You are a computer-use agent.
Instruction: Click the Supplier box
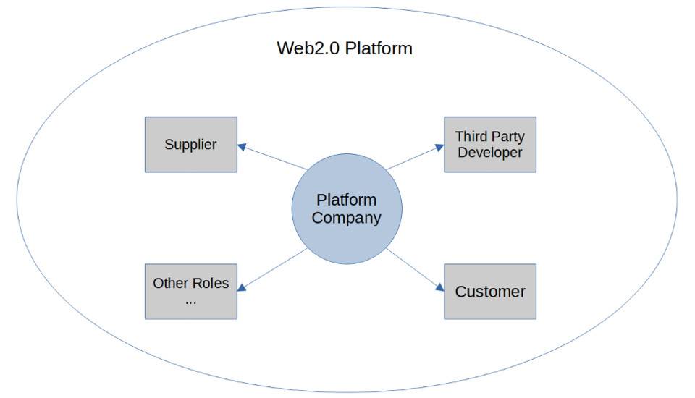(190, 144)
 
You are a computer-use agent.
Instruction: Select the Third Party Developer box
(490, 144)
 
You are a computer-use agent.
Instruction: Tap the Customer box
(490, 292)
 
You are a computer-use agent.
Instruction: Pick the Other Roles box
(190, 292)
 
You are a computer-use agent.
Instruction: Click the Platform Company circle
(347, 208)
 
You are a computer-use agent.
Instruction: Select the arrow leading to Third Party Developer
(415, 158)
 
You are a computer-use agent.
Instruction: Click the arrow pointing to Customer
(415, 270)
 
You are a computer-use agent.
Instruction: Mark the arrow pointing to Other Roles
(273, 270)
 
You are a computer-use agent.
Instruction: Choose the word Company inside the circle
(347, 218)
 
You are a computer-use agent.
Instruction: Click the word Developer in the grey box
(490, 153)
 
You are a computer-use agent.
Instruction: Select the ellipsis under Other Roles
(190, 300)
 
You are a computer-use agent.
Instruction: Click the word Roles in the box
(211, 283)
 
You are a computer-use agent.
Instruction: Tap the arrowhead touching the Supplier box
(242, 146)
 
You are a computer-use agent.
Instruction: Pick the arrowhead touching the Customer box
(439, 288)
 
